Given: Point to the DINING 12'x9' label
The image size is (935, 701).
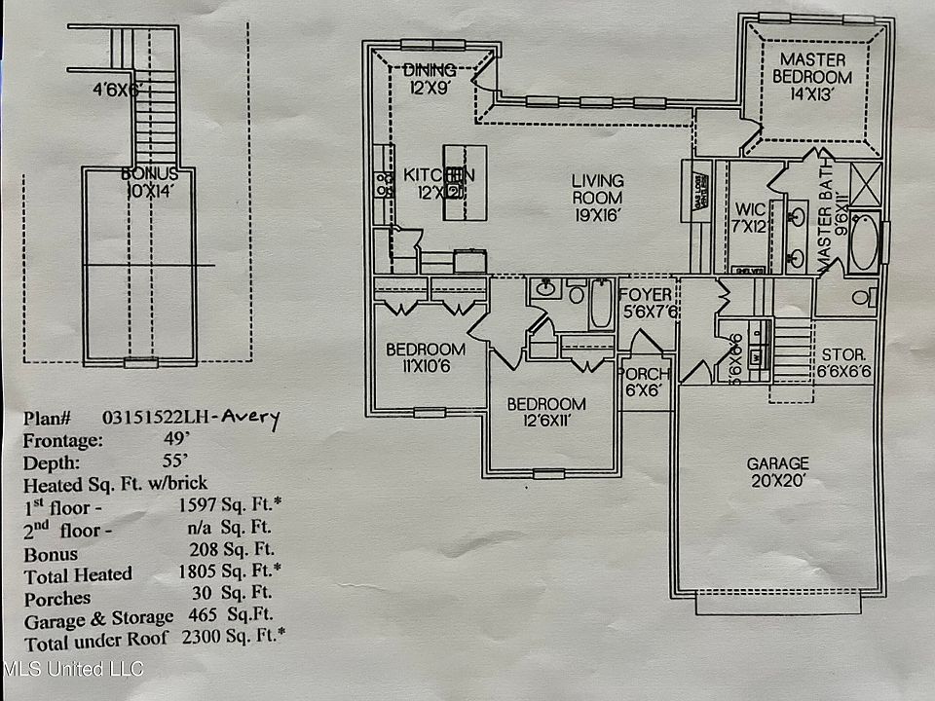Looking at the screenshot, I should [x=430, y=77].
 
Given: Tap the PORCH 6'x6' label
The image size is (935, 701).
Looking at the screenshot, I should [x=644, y=382].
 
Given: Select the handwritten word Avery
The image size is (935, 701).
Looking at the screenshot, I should [x=248, y=419].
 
